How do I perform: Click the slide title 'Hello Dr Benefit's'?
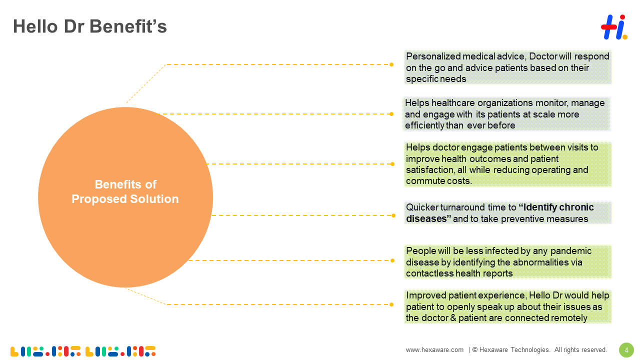(x=90, y=26)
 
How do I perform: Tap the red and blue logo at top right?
(x=613, y=27)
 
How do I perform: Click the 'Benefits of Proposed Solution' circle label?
(x=125, y=191)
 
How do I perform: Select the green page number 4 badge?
(x=626, y=350)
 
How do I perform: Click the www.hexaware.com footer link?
(x=434, y=350)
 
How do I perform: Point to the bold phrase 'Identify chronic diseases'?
(x=500, y=213)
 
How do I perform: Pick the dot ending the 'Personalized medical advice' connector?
(x=391, y=64)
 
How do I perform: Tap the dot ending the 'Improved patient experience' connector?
(x=391, y=304)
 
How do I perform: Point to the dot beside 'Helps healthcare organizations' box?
(x=391, y=114)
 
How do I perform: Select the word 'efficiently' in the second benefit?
(x=424, y=125)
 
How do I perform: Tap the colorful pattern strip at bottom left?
(x=83, y=351)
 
